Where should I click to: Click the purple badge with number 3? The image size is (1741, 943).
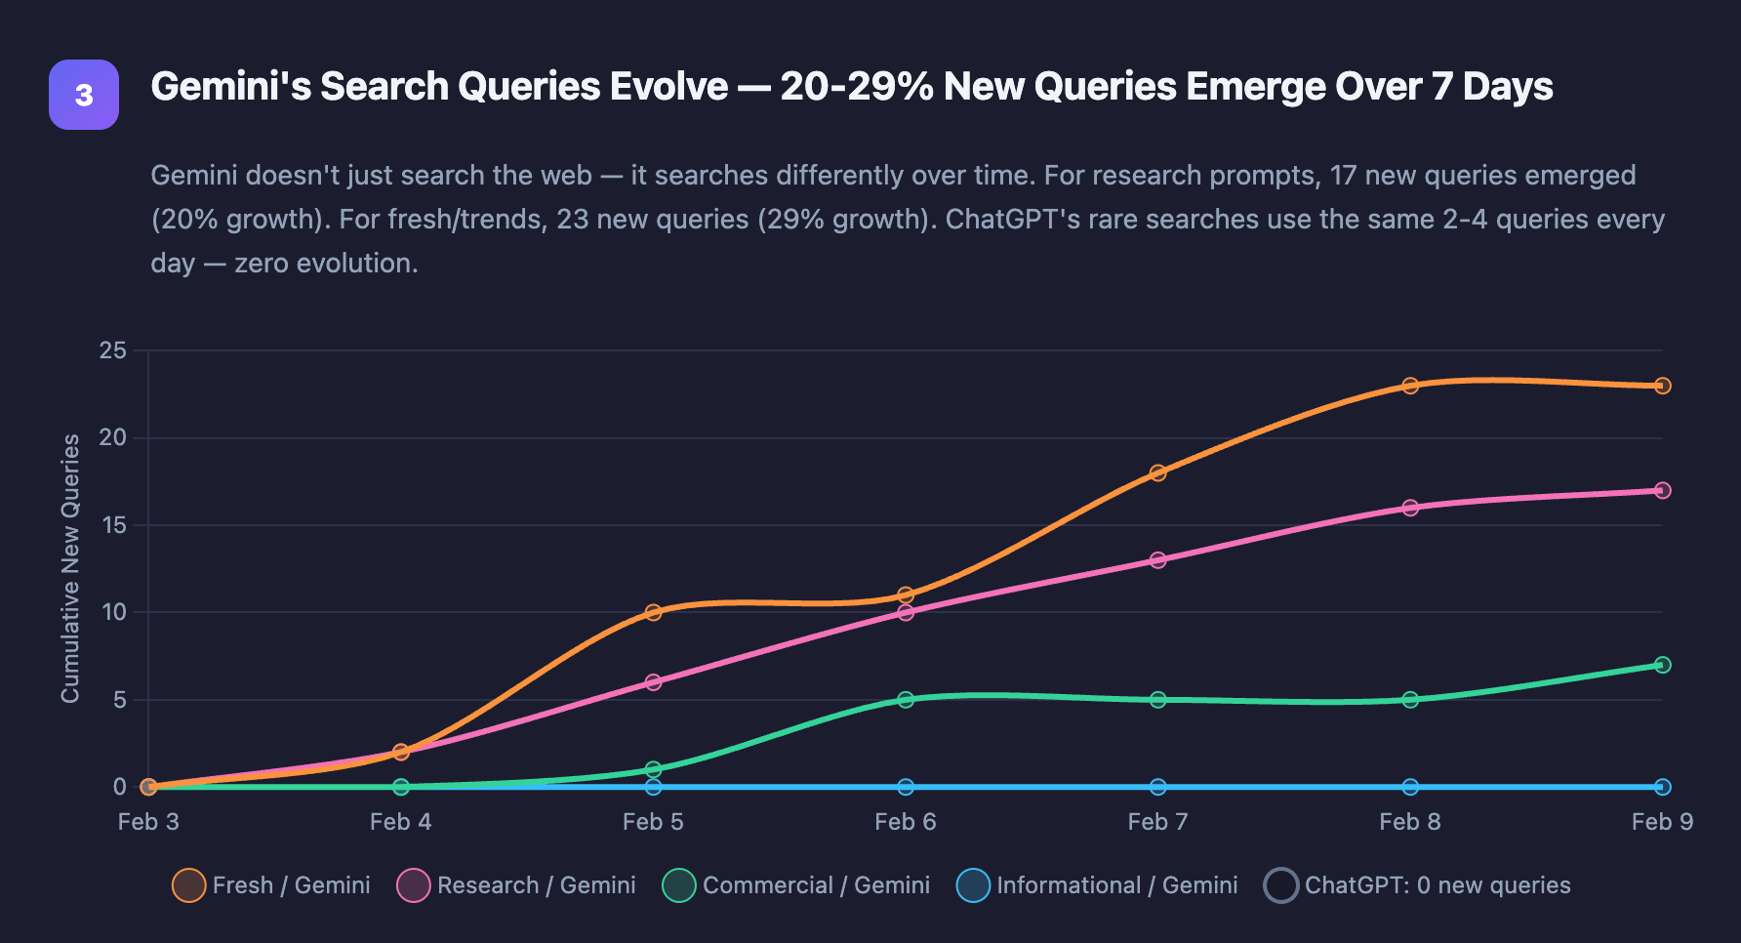pos(84,95)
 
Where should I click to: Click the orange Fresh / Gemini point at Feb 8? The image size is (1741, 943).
pos(1410,386)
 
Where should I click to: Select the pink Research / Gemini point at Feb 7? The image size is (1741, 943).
pos(1157,560)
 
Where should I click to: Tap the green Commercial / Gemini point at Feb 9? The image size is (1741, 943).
pos(1663,665)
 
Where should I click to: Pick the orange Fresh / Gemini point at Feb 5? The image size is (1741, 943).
pos(653,612)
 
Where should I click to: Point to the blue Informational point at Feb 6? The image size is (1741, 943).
pos(906,787)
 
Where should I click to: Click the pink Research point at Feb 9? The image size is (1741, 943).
pos(1663,490)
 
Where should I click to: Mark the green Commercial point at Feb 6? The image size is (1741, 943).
pos(906,700)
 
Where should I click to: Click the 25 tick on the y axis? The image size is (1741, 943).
pos(113,350)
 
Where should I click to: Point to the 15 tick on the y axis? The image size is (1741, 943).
pos(113,525)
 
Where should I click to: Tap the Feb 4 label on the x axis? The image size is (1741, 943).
pos(400,822)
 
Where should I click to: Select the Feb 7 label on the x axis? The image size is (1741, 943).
pos(1157,822)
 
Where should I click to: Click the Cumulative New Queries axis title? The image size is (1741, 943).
pos(70,568)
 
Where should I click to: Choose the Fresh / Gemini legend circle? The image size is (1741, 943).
pos(188,885)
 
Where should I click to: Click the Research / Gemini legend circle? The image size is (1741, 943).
pos(414,885)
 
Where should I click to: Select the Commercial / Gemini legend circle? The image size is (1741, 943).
pos(678,885)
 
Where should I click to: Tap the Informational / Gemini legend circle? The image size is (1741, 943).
pos(974,885)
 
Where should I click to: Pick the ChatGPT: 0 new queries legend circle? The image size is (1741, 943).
pos(1280,885)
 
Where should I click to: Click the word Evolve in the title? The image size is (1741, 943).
pos(668,87)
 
